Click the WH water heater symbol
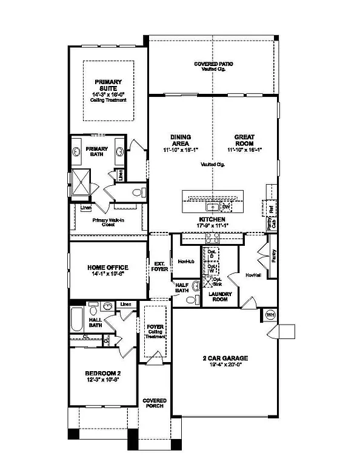(271, 315)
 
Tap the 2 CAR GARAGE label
(225, 358)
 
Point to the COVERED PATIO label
(213, 64)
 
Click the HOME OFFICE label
(108, 267)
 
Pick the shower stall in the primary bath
(81, 181)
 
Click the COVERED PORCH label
(155, 404)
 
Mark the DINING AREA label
(181, 140)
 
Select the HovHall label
(253, 275)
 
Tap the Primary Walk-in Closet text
(108, 222)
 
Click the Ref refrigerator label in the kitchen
(272, 208)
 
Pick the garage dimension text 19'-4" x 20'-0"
(225, 365)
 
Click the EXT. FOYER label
(159, 266)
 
